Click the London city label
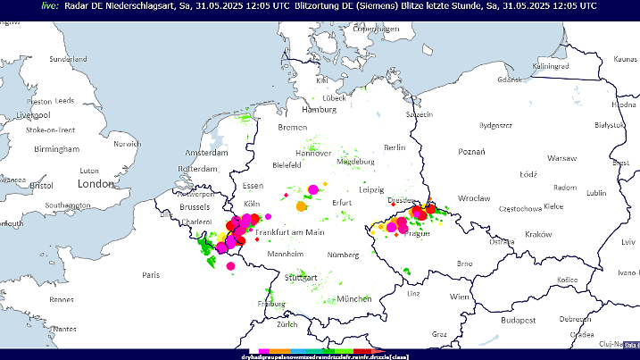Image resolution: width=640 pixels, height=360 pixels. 92,183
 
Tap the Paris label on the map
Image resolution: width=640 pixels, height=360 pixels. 150,274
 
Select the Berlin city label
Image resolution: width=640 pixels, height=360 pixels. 394,147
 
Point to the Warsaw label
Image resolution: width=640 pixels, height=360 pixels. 561,157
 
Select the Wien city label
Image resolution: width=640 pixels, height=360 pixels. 460,296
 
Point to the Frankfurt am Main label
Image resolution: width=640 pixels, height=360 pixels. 290,231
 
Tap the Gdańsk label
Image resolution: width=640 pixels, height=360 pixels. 509,80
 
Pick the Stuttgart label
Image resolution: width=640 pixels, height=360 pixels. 300,278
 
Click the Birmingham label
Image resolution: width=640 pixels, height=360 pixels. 56,149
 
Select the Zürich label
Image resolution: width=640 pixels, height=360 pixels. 287,324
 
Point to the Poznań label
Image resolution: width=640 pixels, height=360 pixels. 470,152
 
